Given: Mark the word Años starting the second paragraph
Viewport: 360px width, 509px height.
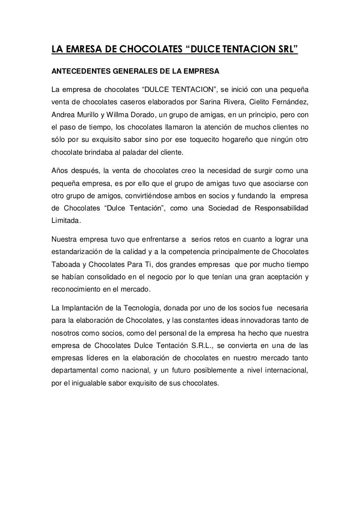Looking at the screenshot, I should tap(60, 171).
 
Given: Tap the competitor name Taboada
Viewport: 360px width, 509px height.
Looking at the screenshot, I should tap(68, 264).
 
